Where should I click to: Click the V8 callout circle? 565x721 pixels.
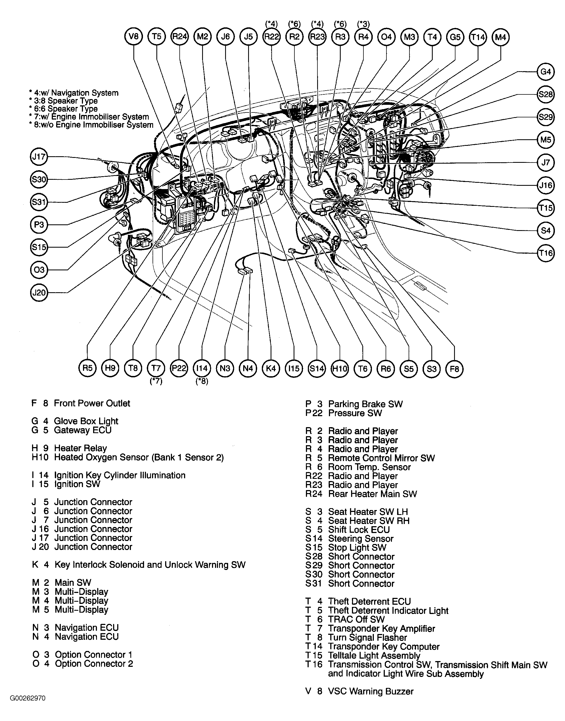[x=134, y=37]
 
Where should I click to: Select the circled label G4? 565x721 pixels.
[x=546, y=72]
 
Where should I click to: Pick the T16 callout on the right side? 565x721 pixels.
[x=546, y=253]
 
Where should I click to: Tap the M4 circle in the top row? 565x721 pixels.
[x=500, y=37]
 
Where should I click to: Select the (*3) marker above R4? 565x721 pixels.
[x=363, y=24]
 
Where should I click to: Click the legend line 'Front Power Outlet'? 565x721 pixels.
[x=92, y=403]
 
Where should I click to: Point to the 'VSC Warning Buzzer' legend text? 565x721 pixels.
[x=371, y=691]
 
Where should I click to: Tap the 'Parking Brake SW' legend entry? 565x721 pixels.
[x=365, y=404]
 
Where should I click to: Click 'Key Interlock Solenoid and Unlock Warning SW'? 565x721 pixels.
[x=150, y=565]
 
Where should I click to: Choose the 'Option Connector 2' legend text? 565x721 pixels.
[x=94, y=664]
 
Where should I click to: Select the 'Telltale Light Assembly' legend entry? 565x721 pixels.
[x=374, y=656]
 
